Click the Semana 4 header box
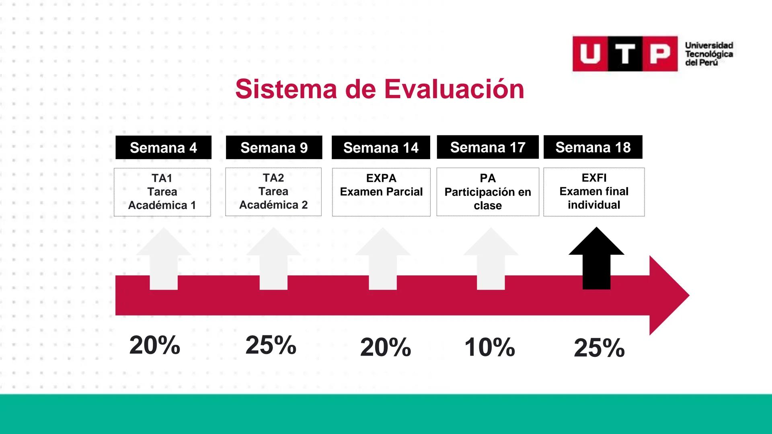(163, 147)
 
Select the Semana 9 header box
(274, 147)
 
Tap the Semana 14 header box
(381, 147)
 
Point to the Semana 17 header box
(488, 147)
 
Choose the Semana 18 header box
(593, 147)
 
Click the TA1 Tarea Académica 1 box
(162, 192)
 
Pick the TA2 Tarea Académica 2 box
(273, 192)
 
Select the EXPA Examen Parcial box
(381, 192)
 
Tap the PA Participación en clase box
(488, 192)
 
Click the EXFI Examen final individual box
(594, 192)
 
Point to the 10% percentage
(489, 347)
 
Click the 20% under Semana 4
(155, 345)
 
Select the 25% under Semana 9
(271, 345)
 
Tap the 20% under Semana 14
(385, 347)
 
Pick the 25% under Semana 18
(599, 348)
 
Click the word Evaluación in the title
(454, 89)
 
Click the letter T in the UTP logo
(625, 54)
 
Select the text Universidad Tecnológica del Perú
(709, 54)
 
